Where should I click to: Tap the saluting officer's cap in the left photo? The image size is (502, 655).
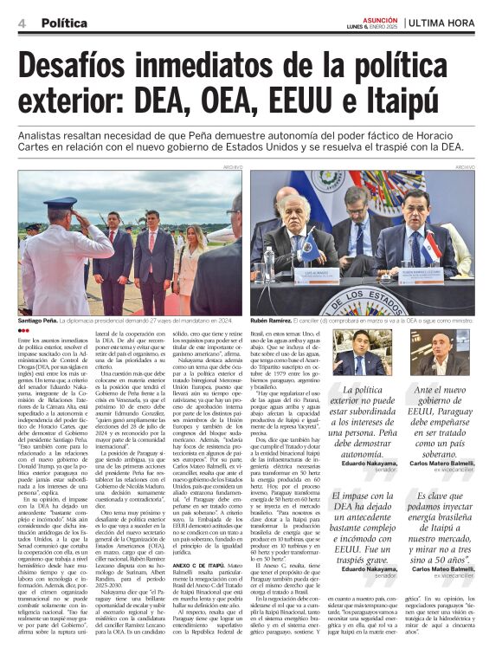pyautogui.click(x=66, y=204)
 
